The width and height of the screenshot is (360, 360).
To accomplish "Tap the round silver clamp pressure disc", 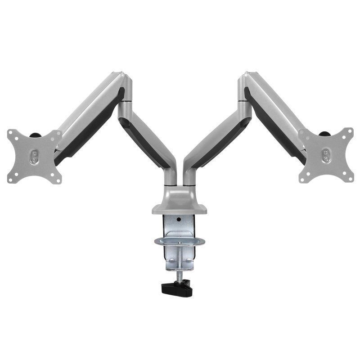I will pyautogui.click(x=179, y=242).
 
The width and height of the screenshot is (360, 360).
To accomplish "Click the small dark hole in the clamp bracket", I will pyautogui.click(x=179, y=220).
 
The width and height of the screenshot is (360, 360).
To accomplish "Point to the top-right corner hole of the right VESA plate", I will pyautogui.click(x=347, y=131).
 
